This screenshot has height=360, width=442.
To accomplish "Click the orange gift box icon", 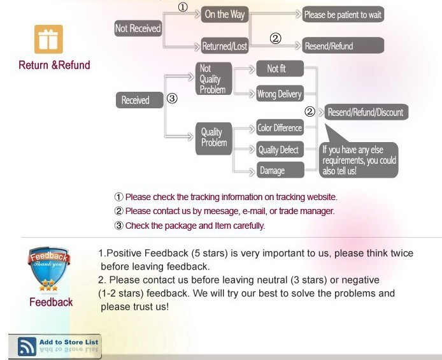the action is [x=48, y=39].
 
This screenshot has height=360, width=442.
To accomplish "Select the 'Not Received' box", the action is [x=138, y=28].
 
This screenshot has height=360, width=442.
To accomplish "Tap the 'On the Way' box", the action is [x=225, y=15].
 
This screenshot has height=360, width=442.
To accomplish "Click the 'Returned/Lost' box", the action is [x=225, y=46].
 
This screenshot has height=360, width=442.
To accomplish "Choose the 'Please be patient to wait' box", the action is [x=343, y=15].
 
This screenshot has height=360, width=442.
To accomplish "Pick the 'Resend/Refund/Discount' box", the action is [x=366, y=112].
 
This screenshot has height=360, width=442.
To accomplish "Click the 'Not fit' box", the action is [x=280, y=69].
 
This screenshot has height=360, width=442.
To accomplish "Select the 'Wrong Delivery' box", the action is [x=280, y=94].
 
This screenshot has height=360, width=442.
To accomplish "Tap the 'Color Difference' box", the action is [x=280, y=127].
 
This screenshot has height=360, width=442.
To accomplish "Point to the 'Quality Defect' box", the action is [x=280, y=149].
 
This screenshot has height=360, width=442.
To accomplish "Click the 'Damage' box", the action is [x=280, y=170].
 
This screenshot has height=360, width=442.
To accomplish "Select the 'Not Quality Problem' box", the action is [x=214, y=78].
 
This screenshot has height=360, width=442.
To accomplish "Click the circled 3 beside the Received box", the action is [x=172, y=98].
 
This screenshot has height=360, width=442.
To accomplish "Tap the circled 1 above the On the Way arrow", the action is [x=183, y=7].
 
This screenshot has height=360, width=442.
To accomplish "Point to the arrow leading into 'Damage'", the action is [x=244, y=171].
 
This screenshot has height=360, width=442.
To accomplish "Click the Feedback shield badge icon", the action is [x=48, y=269].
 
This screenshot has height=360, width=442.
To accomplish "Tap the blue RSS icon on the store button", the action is [x=27, y=346].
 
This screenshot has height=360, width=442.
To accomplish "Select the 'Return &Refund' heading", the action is [x=54, y=65].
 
